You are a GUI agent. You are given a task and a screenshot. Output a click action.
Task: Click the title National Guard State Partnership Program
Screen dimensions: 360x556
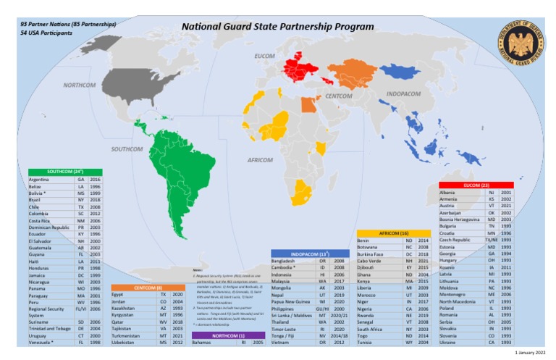point(277,27)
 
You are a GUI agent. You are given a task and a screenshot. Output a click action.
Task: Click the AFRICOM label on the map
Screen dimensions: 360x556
point(259,159)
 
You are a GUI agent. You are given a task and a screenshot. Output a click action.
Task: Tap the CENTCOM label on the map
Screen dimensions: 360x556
point(338,96)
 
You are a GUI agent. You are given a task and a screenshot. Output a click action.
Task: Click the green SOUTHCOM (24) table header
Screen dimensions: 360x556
point(59,171)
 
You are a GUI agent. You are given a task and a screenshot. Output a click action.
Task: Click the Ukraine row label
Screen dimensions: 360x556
point(450,343)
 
